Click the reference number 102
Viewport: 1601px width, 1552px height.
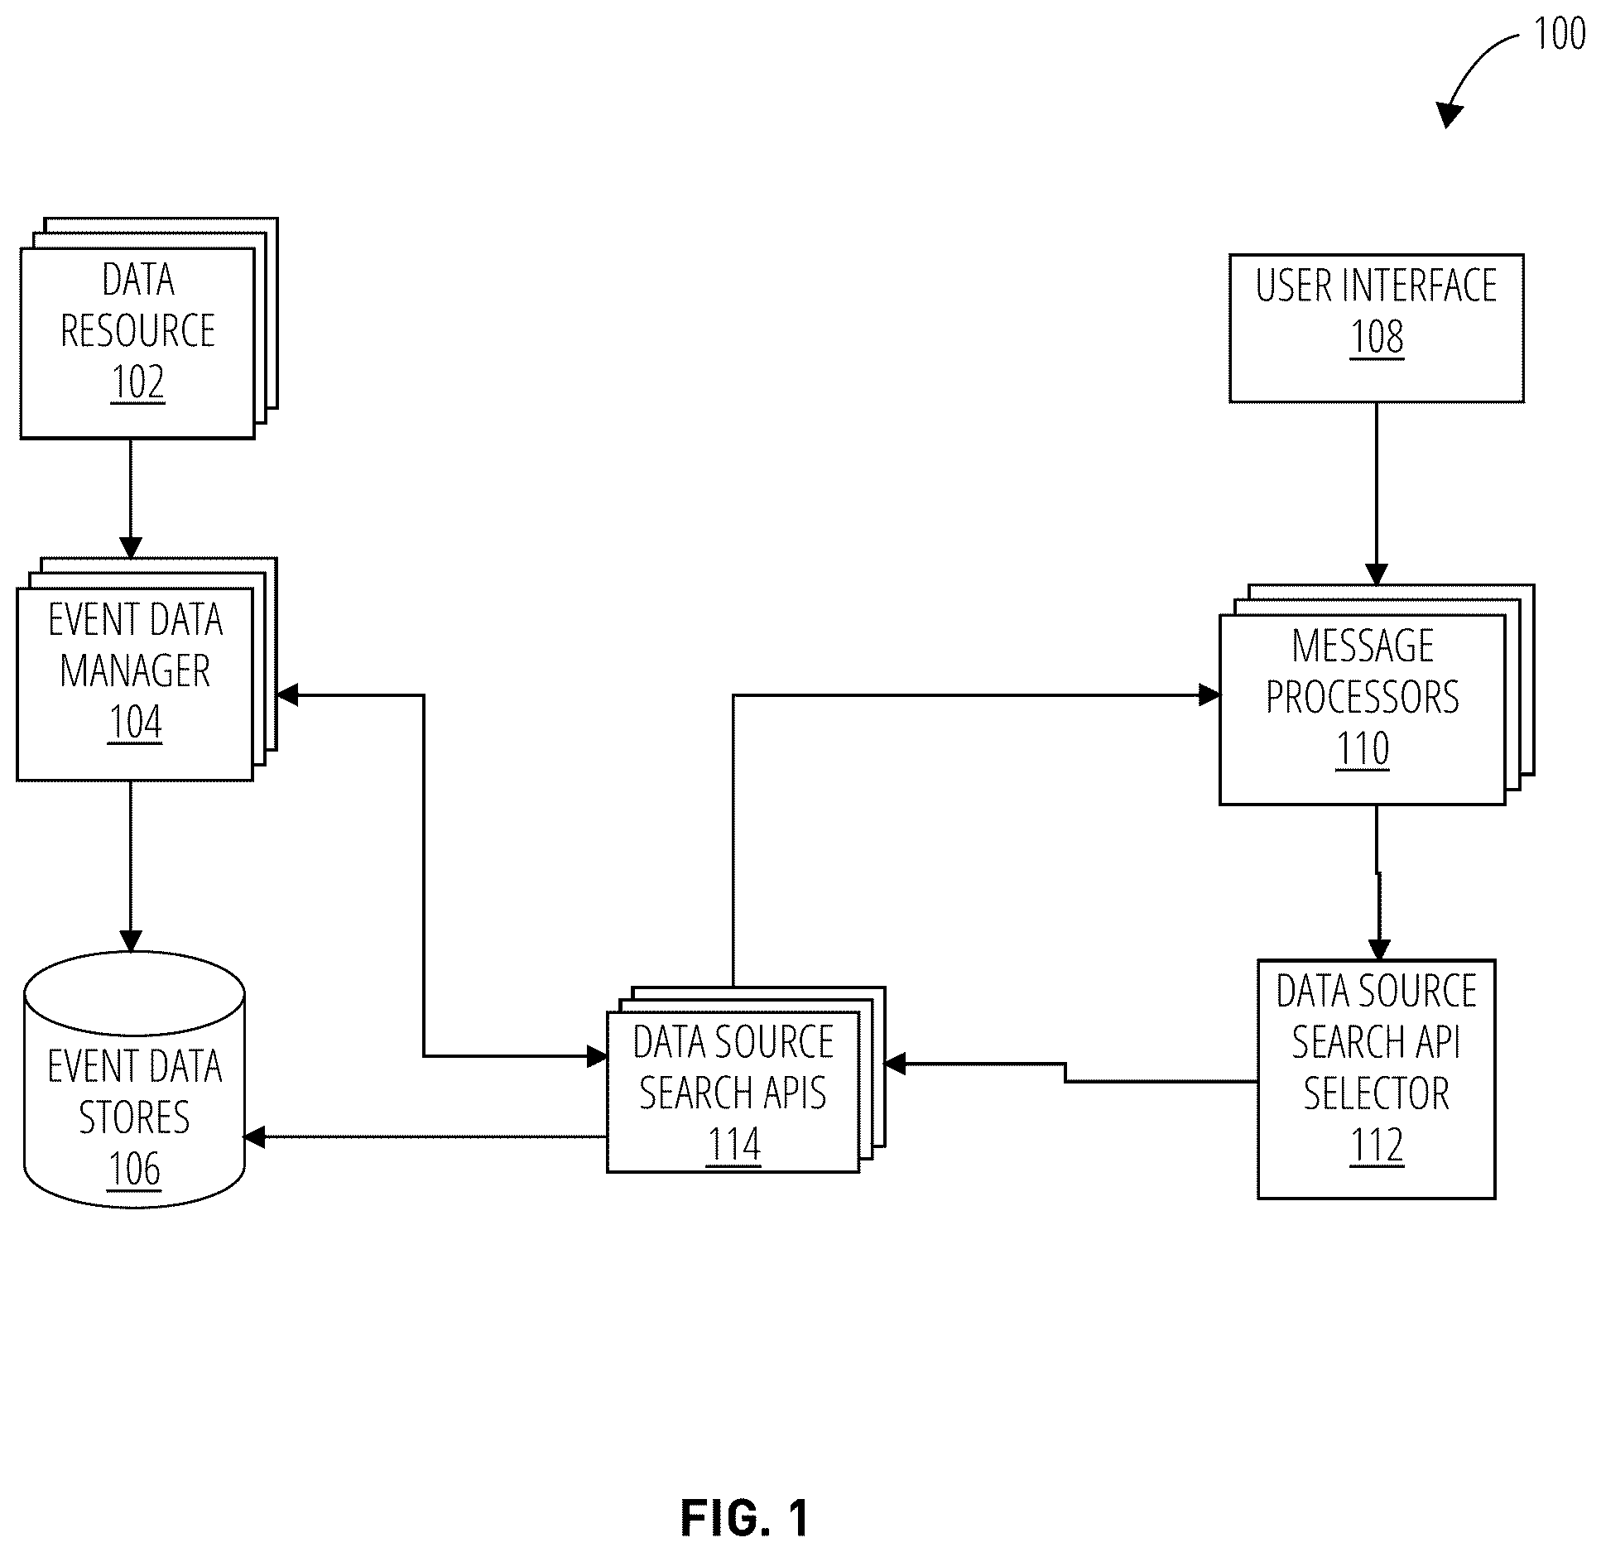tap(137, 382)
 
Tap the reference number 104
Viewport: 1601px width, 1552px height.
tap(135, 723)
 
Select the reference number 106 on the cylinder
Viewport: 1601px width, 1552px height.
tap(135, 1169)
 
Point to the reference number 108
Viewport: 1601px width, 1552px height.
tap(1377, 337)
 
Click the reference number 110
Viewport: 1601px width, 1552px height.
tap(1363, 748)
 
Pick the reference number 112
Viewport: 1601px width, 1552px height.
tap(1377, 1146)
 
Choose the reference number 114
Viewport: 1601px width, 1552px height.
tap(734, 1145)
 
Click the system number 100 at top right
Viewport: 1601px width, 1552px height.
tap(1560, 34)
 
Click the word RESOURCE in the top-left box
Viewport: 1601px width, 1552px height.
tap(138, 331)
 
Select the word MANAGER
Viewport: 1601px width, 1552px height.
tap(135, 670)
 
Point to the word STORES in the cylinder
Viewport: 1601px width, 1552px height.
tap(134, 1117)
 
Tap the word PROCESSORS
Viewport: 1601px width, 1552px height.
tap(1363, 697)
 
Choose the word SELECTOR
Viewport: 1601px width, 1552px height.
tap(1377, 1093)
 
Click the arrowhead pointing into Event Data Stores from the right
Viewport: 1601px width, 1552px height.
tap(254, 1137)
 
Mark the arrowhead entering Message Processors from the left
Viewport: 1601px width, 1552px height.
tap(1209, 695)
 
